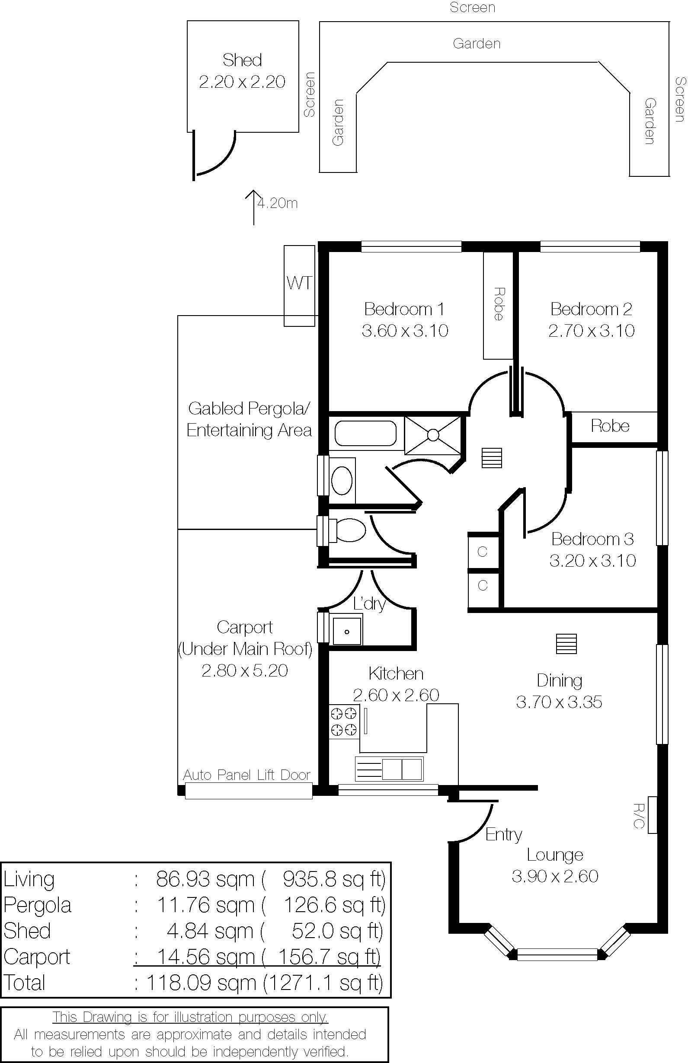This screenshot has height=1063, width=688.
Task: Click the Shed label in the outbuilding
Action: coord(242,60)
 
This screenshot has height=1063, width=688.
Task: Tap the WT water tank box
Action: coord(299,286)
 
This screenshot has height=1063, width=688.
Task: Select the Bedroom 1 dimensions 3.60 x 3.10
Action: coord(405,331)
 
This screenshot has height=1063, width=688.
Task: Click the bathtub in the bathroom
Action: coord(365,433)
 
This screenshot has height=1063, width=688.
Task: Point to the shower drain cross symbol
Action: coord(433,435)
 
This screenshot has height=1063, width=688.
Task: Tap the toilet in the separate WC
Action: coord(348,530)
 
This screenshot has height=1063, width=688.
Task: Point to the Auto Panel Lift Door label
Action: coord(246,775)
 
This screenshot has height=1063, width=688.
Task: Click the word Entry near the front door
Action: coord(504,835)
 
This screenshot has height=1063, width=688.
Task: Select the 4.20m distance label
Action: coord(278,203)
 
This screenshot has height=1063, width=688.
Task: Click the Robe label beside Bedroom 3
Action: coord(610,426)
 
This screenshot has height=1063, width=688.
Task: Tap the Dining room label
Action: coord(560,681)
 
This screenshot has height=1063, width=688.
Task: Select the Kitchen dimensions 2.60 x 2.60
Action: coord(396,695)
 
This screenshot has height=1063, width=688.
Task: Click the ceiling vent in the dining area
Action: coord(566,644)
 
